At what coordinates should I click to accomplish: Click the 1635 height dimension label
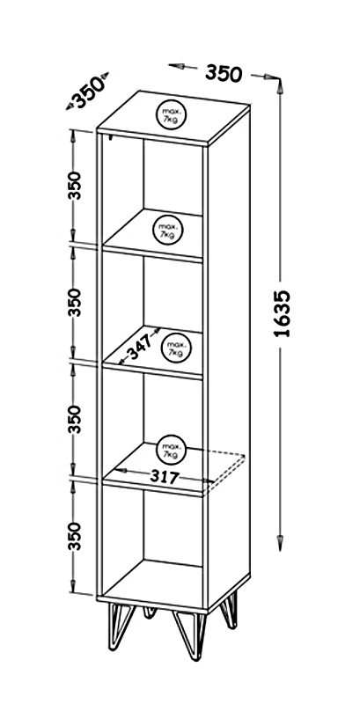(x=283, y=313)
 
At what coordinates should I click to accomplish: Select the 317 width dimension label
(x=165, y=477)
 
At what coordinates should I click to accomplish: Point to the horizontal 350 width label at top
(x=224, y=73)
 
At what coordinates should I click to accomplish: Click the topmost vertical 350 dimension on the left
(x=75, y=186)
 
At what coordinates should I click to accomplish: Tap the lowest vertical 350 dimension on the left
(x=75, y=536)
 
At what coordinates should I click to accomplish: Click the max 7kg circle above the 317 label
(x=172, y=450)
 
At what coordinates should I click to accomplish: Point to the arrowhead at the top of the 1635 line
(x=280, y=85)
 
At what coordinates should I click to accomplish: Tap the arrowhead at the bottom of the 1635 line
(x=280, y=542)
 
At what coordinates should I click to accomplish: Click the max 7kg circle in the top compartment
(x=168, y=230)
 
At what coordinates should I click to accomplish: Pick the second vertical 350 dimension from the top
(x=75, y=302)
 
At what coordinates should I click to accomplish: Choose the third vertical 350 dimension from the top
(x=75, y=419)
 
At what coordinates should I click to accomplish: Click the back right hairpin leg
(x=230, y=610)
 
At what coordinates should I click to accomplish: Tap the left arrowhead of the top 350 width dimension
(x=175, y=66)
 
